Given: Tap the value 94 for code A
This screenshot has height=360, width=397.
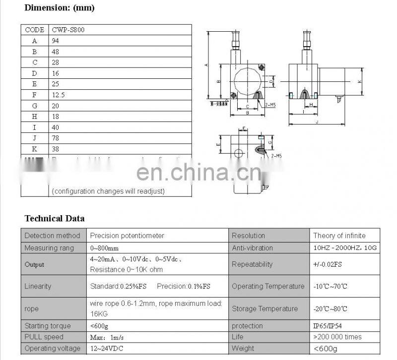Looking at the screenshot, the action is click(56, 41).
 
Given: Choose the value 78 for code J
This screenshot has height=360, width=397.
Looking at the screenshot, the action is click(56, 138).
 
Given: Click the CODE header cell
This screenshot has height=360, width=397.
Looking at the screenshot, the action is click(34, 30).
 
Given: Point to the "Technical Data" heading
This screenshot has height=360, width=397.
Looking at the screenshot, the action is click(55, 218).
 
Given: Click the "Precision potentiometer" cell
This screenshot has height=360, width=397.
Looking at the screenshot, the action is click(127, 236).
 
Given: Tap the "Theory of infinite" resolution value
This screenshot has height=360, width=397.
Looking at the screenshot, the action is click(339, 236).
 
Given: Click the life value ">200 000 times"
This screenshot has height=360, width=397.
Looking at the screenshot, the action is click(337, 337).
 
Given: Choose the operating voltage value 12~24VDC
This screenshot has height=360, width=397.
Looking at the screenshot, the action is click(107, 348).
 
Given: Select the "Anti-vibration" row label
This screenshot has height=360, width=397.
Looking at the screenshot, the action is click(252, 247).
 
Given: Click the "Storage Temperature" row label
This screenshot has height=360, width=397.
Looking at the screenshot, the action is click(265, 308).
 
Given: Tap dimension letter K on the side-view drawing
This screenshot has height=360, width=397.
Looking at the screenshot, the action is click(359, 82).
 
